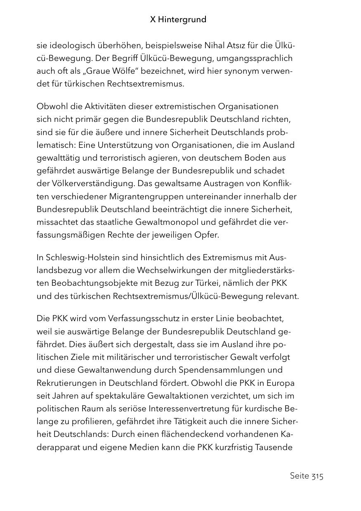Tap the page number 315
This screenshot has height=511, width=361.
coord(317,476)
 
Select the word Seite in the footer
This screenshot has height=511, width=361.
coord(300,476)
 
